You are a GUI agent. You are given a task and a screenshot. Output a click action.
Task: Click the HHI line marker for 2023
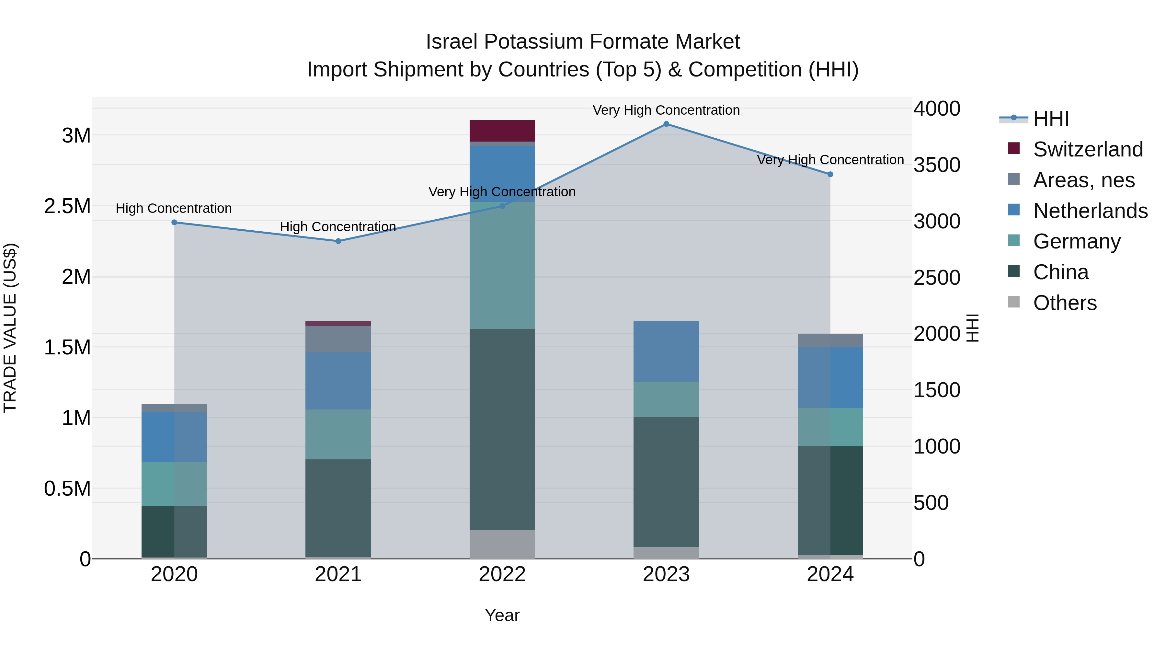coord(666,124)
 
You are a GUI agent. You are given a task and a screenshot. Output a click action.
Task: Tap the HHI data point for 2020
coord(174,222)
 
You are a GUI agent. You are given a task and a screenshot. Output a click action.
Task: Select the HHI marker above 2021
coord(338,241)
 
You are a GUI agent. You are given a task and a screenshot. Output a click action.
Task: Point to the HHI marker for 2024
coord(830,174)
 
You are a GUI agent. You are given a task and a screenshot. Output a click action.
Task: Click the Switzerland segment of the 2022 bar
coord(502,131)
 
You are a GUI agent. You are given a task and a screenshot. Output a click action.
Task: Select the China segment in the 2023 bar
coord(666,482)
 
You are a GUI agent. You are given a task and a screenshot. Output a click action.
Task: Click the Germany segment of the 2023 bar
coord(666,399)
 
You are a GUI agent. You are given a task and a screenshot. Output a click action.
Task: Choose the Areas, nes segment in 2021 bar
coord(338,339)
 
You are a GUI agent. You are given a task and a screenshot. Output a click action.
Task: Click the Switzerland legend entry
coord(1088,149)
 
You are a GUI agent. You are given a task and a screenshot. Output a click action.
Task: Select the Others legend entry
coord(1065,303)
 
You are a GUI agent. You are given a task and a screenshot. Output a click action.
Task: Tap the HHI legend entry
coord(1051,119)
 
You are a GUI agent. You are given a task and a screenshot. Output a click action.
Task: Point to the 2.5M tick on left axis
coord(67,206)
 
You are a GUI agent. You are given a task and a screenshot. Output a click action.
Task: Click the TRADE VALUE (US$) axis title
coord(10,328)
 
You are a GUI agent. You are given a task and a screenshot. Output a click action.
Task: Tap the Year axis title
coord(502,615)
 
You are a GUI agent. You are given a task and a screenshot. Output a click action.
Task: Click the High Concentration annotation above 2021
coord(338,226)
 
